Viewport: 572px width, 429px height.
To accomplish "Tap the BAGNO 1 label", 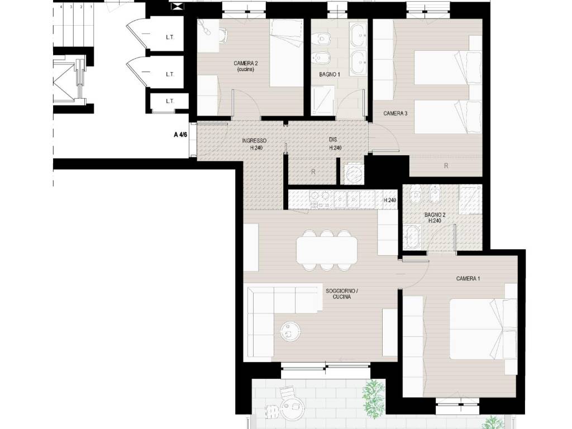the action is (x=330, y=74).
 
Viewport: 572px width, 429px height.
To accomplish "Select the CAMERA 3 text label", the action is (x=395, y=113).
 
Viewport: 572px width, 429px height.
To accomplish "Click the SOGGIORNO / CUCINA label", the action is (x=342, y=294).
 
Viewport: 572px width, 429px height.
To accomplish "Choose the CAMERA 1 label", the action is (x=468, y=279).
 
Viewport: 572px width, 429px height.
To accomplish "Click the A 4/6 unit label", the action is (x=180, y=135).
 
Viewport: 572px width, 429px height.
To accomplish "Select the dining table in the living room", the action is (x=327, y=250).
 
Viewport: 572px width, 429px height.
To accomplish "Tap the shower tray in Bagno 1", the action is (x=322, y=99).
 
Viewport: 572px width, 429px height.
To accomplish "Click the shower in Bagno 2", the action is (x=470, y=199).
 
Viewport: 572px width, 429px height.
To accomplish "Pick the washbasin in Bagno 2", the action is (x=412, y=237).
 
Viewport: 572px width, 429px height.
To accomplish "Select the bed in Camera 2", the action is (x=287, y=53).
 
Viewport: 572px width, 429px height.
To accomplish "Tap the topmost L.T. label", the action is (x=170, y=37).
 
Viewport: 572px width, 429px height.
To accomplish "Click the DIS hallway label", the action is (x=333, y=139).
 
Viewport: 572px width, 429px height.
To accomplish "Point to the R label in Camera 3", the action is (x=446, y=166).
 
